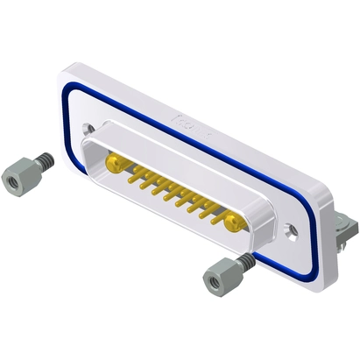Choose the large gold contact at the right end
(233, 223)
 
